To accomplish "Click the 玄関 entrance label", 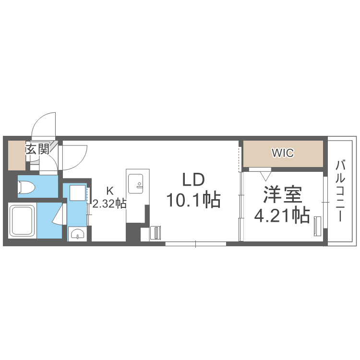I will tap(37, 149).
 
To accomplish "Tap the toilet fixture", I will tap(27, 187).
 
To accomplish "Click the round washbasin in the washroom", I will tap(77, 234).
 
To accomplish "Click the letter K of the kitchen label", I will tap(109, 189).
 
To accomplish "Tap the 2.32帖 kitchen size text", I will tap(109, 203).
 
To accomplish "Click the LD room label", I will tap(193, 180).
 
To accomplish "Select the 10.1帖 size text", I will tap(193, 199).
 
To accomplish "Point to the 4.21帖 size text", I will tap(281, 216).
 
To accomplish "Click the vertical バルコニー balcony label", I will tap(340, 191).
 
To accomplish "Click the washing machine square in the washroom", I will tap(77, 193).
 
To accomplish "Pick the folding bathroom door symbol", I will tap(59, 214).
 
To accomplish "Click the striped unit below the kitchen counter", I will tap(156, 232).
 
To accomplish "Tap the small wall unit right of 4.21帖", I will tap(317, 226).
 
